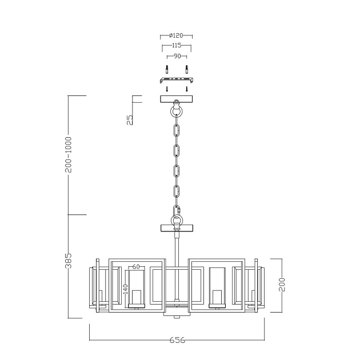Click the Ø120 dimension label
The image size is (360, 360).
point(176,35)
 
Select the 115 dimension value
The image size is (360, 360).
point(177,45)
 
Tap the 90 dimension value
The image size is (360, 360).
point(177,56)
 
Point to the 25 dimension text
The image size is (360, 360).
point(130,120)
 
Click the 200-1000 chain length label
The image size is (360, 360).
point(69,154)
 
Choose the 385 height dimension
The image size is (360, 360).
point(69,261)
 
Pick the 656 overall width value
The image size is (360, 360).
point(177,340)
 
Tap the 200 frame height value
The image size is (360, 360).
point(282,285)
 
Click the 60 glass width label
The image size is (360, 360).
point(136,266)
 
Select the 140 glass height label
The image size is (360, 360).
point(125,289)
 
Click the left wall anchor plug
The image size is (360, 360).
point(167,69)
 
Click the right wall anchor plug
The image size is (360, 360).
point(187,69)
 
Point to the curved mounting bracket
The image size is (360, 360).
point(177,80)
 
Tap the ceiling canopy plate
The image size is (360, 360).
point(177,99)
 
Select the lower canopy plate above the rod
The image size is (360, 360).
point(177,228)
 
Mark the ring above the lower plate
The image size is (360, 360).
point(177,220)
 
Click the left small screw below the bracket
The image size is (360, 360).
point(167,89)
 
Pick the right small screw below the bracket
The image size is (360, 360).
point(187,89)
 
